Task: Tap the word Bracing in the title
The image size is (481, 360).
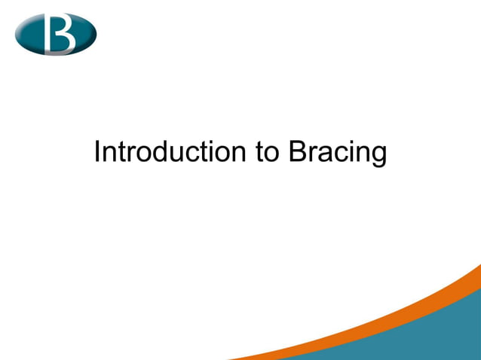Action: coord(337,153)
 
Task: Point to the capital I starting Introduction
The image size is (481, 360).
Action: coord(97,152)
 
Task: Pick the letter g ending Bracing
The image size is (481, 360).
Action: coord(378,156)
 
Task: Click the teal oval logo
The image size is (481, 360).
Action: coord(56,33)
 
